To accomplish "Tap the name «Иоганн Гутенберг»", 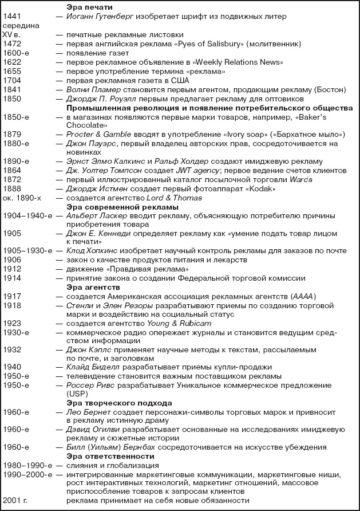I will click(x=100, y=17).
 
